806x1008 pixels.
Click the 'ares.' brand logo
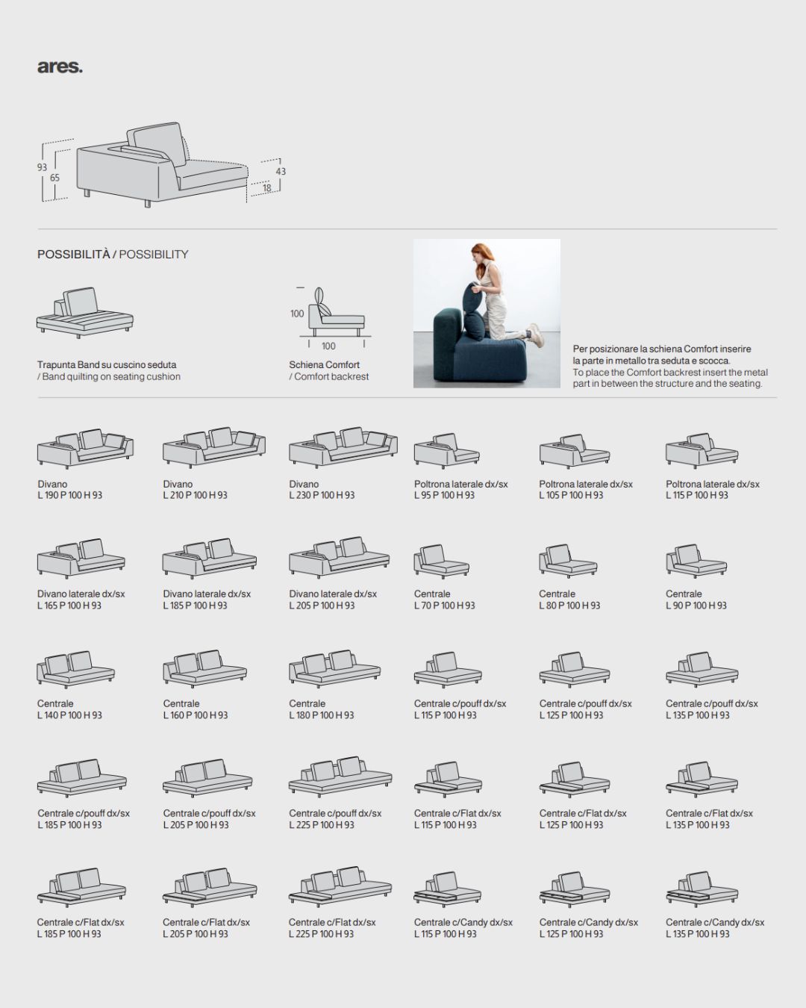click(x=60, y=67)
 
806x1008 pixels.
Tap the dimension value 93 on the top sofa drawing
click(x=42, y=167)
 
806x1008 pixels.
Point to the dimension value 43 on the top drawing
click(x=281, y=172)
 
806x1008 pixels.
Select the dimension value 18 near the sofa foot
click(x=266, y=188)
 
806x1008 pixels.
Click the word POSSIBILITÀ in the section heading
click(x=74, y=255)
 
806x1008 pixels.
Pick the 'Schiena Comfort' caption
click(x=324, y=364)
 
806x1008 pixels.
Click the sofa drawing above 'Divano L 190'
click(x=85, y=448)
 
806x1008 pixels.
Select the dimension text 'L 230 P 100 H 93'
click(x=322, y=495)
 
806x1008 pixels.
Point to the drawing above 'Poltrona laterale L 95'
click(x=446, y=450)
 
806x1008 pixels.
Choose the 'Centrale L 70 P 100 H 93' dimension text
click(x=444, y=600)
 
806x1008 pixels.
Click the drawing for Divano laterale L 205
click(x=340, y=557)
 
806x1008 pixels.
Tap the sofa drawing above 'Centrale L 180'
click(x=334, y=668)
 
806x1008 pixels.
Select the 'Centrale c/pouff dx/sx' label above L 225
click(x=335, y=813)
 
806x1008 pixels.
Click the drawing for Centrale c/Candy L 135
click(x=702, y=889)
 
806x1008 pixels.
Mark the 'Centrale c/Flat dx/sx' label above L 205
click(x=206, y=922)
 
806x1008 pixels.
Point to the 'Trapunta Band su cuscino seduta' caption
click(x=107, y=364)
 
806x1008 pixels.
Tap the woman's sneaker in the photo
click(x=535, y=332)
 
